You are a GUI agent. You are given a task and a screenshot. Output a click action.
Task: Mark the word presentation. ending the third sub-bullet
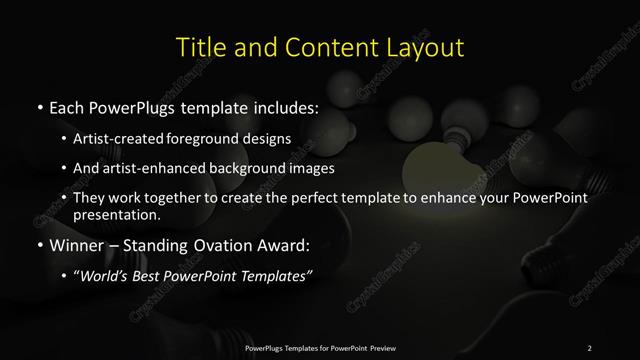tap(116, 214)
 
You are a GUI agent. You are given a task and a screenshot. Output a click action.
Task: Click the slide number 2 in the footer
tap(589, 347)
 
